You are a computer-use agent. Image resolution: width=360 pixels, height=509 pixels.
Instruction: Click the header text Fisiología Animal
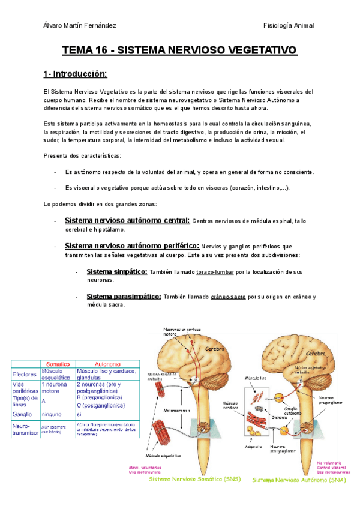[x=289, y=25]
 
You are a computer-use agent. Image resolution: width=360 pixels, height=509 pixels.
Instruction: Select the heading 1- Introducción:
[x=75, y=74]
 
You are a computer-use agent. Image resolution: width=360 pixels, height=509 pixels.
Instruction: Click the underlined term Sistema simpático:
[x=117, y=272]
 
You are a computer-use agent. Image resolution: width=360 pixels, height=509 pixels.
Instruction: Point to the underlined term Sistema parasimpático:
[x=124, y=297]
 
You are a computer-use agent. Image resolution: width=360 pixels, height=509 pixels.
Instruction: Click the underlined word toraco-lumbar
[x=214, y=273]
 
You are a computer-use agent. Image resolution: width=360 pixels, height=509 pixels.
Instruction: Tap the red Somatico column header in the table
[x=57, y=364]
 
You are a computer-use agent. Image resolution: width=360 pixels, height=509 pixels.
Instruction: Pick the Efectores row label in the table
[x=25, y=374]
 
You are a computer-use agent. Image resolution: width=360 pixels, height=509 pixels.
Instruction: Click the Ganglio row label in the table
[x=22, y=414]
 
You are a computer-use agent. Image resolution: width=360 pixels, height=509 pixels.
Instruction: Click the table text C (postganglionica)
[x=100, y=405]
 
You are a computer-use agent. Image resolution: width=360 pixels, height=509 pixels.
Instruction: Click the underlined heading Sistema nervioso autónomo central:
[x=127, y=220]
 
